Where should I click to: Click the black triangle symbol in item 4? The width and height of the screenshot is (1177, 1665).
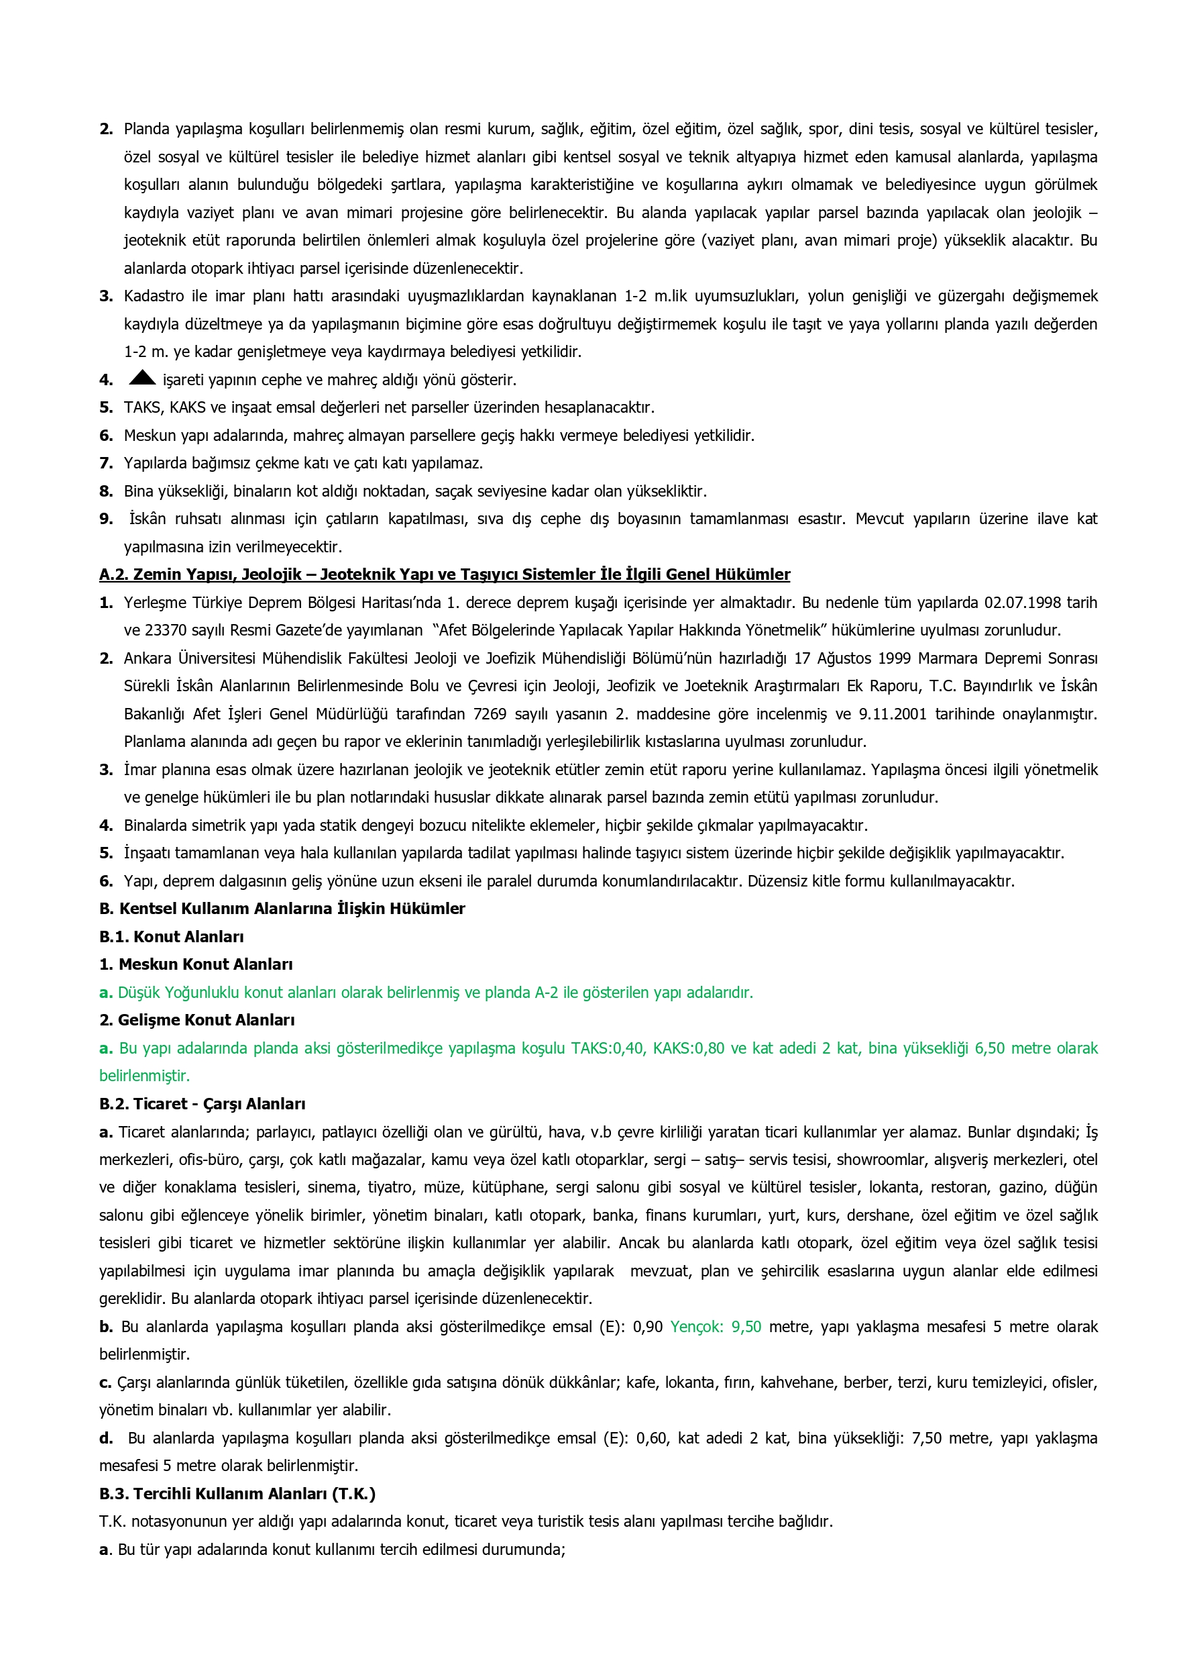(142, 377)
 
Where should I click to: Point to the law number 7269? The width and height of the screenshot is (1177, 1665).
(491, 714)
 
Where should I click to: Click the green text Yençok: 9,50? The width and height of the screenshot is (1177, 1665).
(716, 1327)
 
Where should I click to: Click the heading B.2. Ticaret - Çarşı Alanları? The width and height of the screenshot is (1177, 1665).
(203, 1104)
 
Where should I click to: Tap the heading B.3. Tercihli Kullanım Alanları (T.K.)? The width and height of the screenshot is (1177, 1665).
(237, 1494)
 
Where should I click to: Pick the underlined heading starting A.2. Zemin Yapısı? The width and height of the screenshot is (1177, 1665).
(444, 574)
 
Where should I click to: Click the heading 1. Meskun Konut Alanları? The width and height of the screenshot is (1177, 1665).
(196, 964)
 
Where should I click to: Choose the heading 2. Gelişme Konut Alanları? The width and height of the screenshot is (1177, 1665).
(197, 1020)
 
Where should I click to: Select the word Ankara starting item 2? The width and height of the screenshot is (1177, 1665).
(147, 658)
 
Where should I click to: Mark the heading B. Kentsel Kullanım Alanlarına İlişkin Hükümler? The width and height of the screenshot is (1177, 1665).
(282, 909)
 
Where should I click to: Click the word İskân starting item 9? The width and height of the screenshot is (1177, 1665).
(148, 519)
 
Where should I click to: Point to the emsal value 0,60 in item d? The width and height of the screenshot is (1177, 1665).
(653, 1438)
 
